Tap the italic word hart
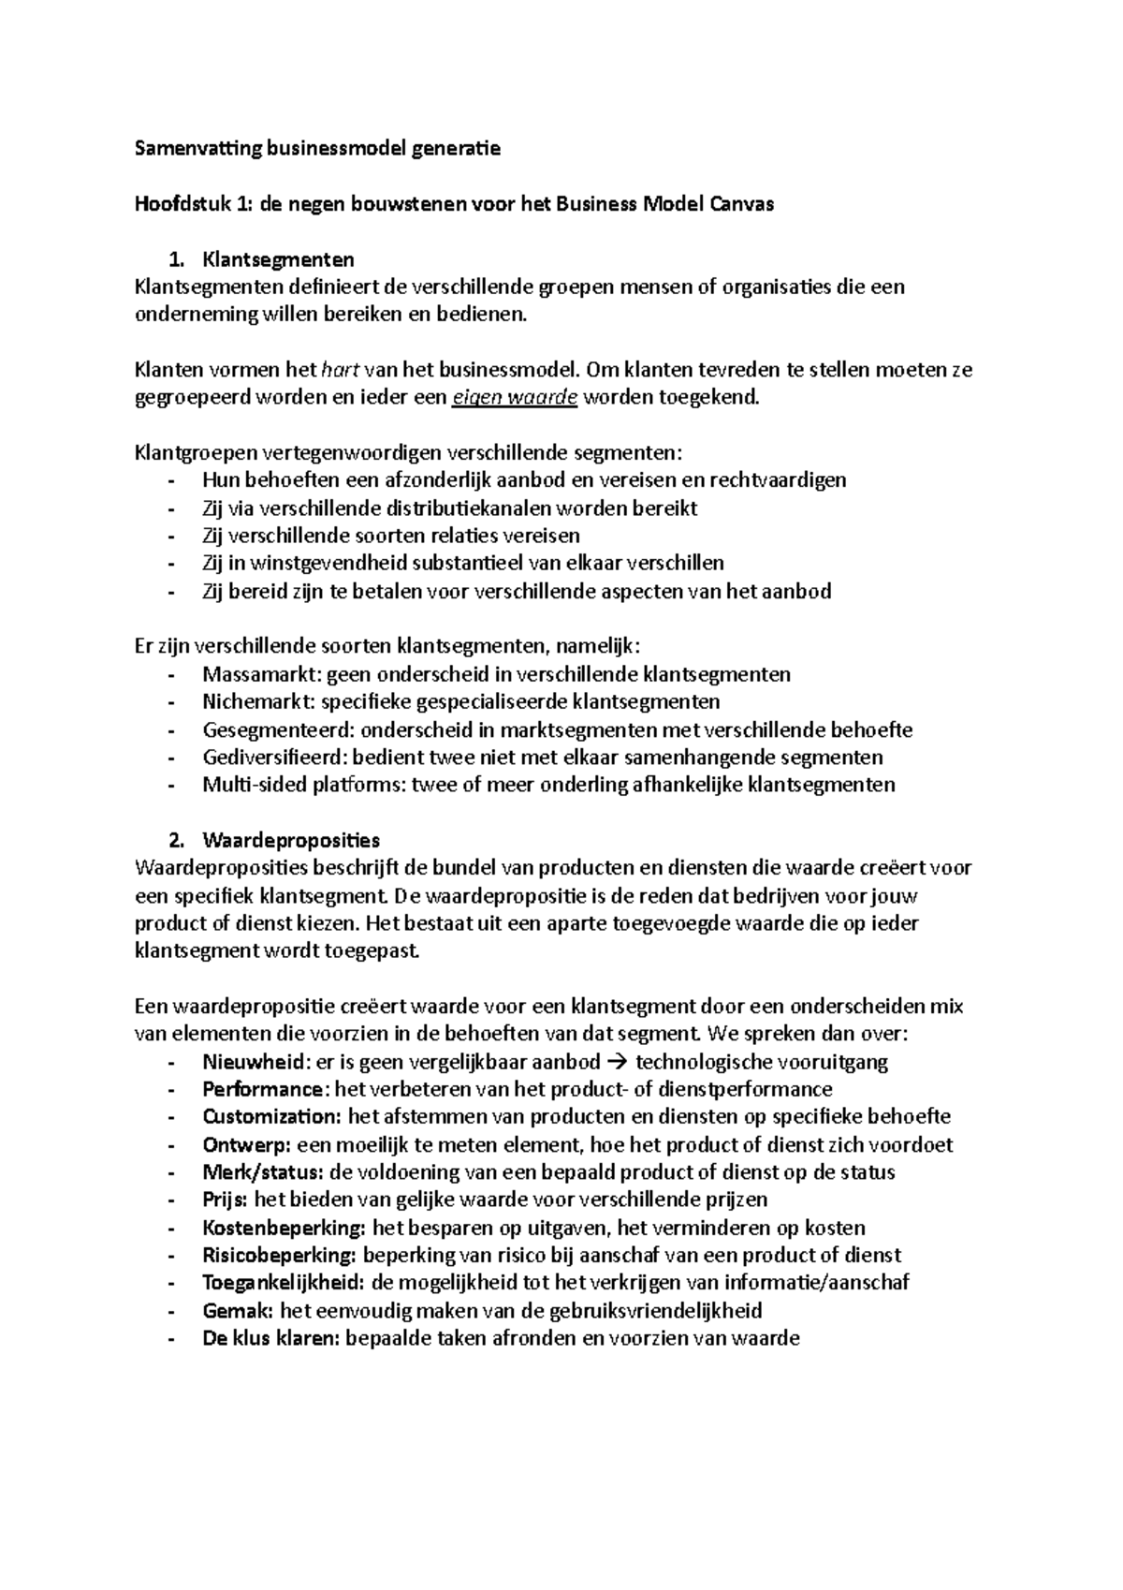341,369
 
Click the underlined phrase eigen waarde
515,397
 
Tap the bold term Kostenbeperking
284,1228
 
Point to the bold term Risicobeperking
278,1255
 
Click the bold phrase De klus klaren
270,1338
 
